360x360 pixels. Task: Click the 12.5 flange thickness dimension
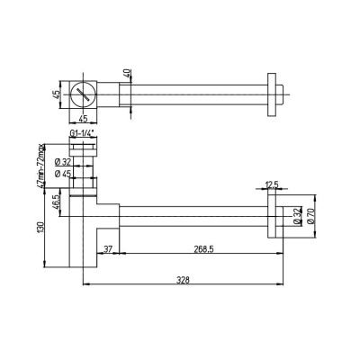(x=270, y=186)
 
